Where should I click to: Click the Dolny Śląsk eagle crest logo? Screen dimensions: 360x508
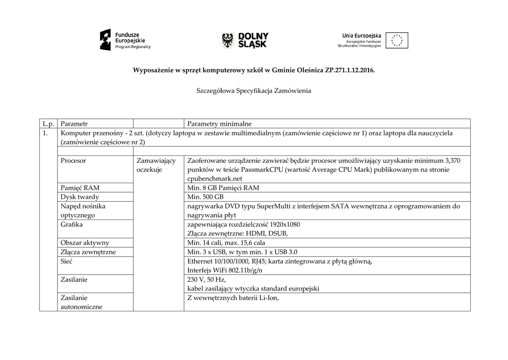(x=228, y=40)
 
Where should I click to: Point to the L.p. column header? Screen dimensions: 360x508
(x=48, y=123)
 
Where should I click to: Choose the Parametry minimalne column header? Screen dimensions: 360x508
(x=219, y=123)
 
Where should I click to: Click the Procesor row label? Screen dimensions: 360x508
(x=73, y=161)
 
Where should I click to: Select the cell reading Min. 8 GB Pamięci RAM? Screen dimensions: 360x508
(x=223, y=188)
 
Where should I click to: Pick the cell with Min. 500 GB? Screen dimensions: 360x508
(x=205, y=197)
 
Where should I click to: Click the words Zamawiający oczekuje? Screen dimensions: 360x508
(x=155, y=165)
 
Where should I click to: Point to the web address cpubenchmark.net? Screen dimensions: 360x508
(x=215, y=178)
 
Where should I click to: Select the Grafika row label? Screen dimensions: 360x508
(x=71, y=224)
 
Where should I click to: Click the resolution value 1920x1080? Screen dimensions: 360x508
(x=282, y=224)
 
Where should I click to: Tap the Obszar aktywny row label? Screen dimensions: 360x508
(x=85, y=243)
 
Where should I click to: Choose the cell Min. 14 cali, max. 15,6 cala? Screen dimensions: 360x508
(x=226, y=243)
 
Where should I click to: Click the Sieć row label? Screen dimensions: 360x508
(x=67, y=261)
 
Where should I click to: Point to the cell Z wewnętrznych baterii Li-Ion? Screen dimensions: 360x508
(x=233, y=298)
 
